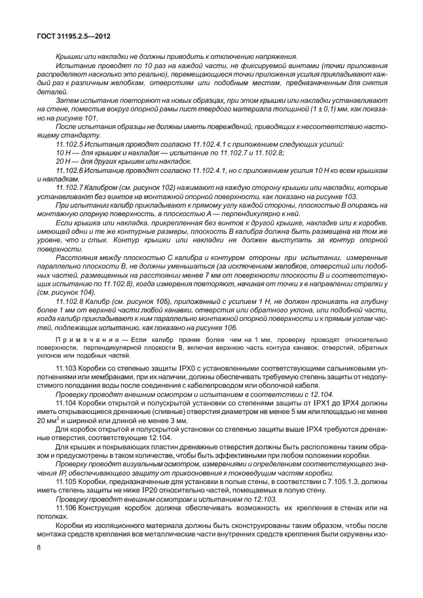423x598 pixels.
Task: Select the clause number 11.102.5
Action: coord(71,143)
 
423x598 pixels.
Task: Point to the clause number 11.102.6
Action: coord(71,170)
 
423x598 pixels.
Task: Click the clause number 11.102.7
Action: coord(71,187)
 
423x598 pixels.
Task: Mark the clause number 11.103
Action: coord(66,371)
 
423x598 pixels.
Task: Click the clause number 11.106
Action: coord(66,527)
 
